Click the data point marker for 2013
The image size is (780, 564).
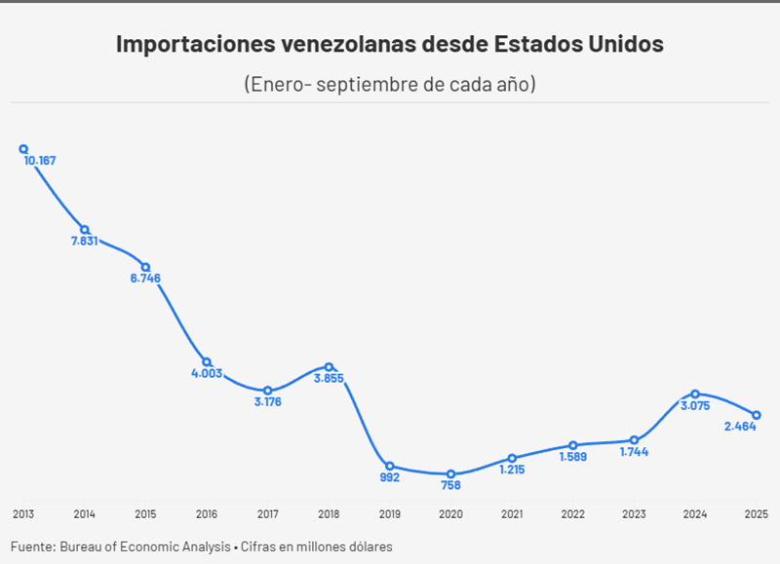point(23,149)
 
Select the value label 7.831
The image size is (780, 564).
point(85,241)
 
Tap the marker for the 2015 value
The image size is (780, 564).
point(145,267)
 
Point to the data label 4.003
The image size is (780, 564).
point(207,373)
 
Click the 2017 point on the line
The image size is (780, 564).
point(268,391)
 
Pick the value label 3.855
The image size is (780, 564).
point(329,378)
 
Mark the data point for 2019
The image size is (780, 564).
point(390,467)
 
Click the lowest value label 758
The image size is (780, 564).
point(450,485)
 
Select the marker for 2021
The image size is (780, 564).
point(512,458)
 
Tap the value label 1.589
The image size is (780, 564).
point(573,457)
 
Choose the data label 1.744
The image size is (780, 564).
point(634,452)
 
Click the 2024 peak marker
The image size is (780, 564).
point(695,394)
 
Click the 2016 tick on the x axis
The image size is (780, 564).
point(207,513)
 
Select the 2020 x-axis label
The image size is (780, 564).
point(450,513)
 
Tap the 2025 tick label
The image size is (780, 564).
point(756,513)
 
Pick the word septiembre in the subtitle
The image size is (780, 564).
point(366,84)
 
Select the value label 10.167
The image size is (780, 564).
point(40,160)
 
